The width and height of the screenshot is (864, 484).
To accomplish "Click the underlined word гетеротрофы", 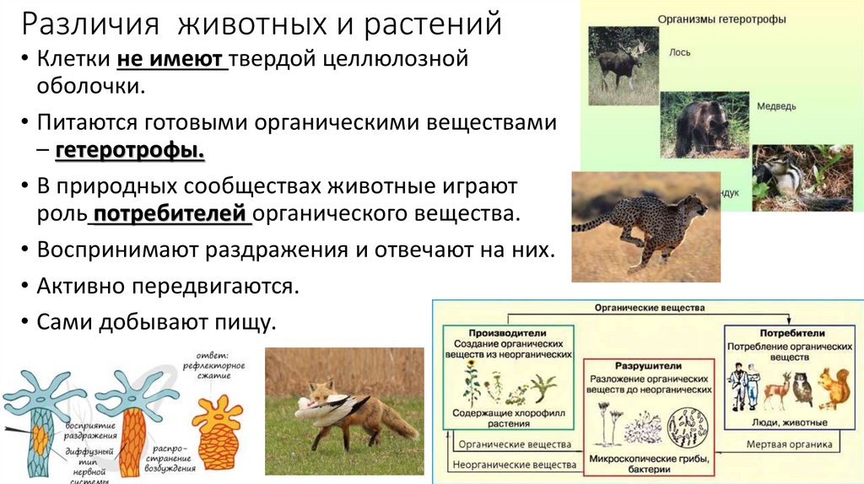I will click(131, 153).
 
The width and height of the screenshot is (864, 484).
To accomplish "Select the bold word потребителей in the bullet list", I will click(171, 212).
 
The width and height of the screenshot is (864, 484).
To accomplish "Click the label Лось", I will click(680, 52).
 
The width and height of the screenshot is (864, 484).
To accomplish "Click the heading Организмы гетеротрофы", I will click(721, 19).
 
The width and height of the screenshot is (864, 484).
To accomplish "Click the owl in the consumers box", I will click(802, 389).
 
